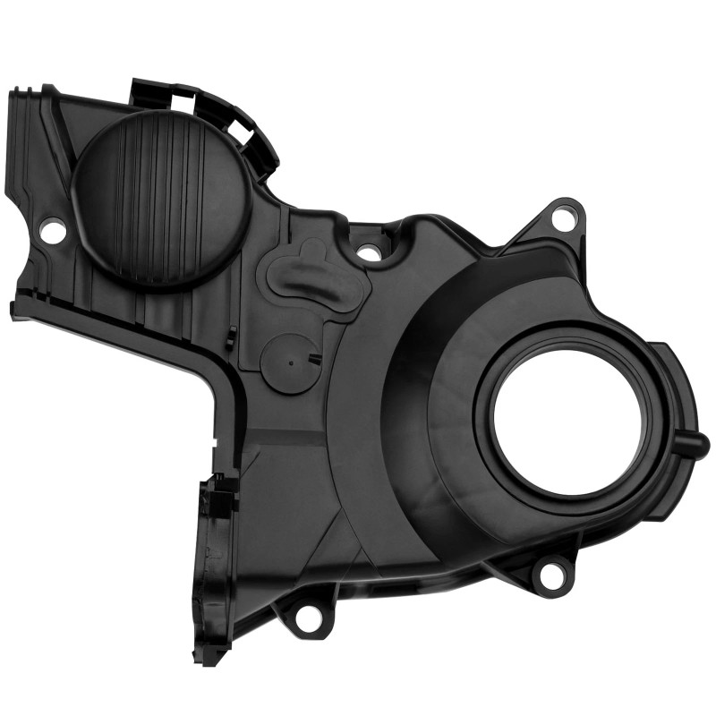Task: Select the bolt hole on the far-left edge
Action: click(52, 232)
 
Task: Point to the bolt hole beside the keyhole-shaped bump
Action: click(368, 252)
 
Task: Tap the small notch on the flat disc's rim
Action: click(314, 359)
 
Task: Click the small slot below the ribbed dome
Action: click(231, 337)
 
